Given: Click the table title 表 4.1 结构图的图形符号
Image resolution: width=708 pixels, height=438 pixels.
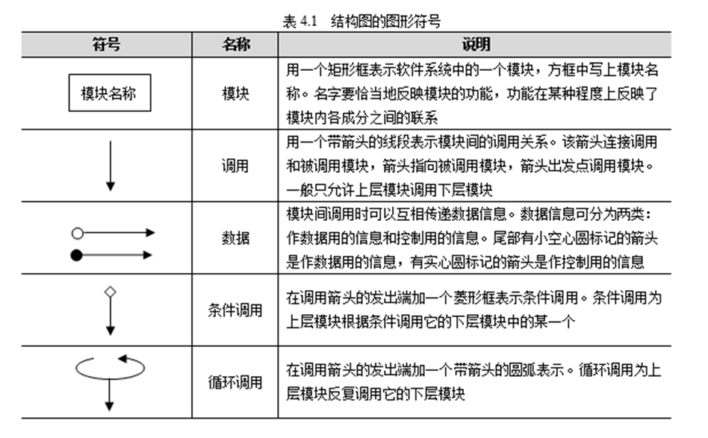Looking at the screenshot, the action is coord(361,21).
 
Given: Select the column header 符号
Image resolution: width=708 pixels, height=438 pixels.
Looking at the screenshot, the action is coord(107,44).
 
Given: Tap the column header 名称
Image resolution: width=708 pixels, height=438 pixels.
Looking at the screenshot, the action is coord(236,44).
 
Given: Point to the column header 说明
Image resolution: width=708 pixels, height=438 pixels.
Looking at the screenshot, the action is coord(476,44).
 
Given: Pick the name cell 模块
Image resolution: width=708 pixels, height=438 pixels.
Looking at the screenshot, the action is coord(235,93).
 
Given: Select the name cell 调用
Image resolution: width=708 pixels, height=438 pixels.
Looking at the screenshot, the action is coord(235,166).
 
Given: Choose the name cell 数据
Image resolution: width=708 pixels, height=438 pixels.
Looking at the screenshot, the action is coord(235,238).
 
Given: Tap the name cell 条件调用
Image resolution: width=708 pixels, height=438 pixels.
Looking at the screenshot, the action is coord(235,310).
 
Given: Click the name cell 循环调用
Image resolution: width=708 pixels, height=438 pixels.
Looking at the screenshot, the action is coord(235,382).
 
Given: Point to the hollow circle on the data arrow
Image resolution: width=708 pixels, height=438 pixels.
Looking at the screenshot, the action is coord(78,234).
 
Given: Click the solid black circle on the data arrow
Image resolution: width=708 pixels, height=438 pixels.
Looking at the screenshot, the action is coord(77,255).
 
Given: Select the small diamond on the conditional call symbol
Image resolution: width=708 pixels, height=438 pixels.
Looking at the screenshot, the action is coord(111,292).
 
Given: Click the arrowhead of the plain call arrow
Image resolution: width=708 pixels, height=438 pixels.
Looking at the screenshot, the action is coord(111,186).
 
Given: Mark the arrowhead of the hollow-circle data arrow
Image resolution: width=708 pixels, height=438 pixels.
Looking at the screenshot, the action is coord(150,233).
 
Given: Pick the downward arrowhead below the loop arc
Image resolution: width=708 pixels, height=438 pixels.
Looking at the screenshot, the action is coord(109,406).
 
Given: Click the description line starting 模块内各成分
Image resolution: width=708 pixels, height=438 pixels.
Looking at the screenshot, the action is coord(361,118).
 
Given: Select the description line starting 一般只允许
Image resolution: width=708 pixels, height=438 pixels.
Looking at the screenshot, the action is coord(389,190).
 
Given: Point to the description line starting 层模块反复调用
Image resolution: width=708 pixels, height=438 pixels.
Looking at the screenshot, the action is coord(376,394).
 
